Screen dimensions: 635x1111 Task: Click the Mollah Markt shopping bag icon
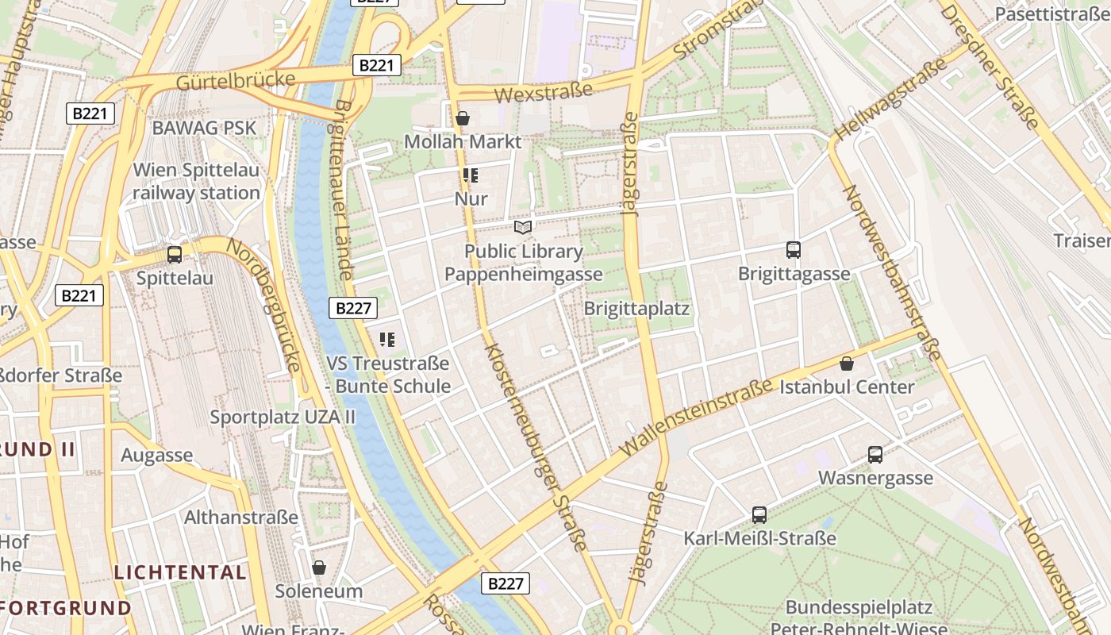point(463,118)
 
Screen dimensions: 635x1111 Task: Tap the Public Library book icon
point(523,228)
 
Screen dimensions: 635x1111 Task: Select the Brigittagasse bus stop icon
point(793,250)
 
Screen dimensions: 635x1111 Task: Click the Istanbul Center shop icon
point(847,364)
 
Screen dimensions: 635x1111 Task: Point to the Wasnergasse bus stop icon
point(875,455)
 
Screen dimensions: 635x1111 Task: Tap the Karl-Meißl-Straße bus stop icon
point(759,515)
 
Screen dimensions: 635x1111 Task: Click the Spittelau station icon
point(175,255)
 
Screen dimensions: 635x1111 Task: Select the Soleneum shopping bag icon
point(319,568)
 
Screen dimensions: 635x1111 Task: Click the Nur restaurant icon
point(471,175)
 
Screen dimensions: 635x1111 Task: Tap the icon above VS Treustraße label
point(387,341)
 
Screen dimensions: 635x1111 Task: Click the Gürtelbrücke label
point(236,80)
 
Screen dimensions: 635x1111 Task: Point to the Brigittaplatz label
point(636,308)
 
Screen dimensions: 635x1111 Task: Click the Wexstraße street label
point(544,92)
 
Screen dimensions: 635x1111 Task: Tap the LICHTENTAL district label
point(180,571)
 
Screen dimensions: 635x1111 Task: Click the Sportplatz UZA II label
point(283,417)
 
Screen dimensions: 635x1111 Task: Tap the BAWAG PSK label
point(204,128)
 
